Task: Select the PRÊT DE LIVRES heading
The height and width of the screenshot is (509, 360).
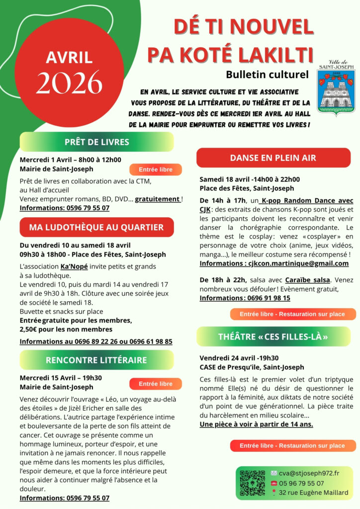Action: (96, 142)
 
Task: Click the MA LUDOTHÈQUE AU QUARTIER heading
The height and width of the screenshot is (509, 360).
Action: (96, 228)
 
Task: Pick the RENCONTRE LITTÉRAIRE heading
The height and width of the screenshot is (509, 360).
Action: (96, 360)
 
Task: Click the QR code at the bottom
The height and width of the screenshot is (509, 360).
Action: (252, 483)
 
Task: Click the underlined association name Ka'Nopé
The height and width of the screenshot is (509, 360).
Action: (71, 266)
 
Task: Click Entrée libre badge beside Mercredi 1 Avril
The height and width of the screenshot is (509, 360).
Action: (156, 170)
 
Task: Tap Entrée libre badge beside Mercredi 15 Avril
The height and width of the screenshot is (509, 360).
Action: (156, 384)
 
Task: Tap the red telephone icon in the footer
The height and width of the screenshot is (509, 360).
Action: (274, 483)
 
